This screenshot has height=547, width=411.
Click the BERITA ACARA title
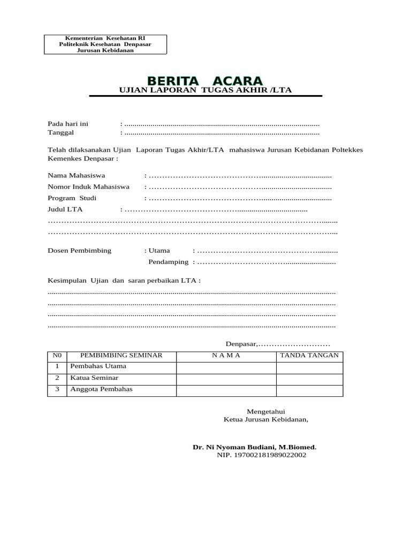click(x=205, y=81)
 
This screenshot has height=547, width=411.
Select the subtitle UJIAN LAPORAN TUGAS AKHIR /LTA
click(x=205, y=90)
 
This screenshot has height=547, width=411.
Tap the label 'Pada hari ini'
click(x=68, y=124)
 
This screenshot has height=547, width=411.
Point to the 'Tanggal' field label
click(x=60, y=132)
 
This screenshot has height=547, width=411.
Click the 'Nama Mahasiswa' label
click(x=77, y=175)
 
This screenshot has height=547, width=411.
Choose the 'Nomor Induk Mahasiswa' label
click(x=89, y=187)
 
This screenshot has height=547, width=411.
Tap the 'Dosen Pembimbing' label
click(x=80, y=251)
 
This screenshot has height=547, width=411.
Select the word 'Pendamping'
click(x=168, y=262)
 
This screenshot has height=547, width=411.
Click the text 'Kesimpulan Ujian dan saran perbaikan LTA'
click(x=124, y=281)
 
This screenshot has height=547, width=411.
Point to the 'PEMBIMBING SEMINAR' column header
click(x=121, y=355)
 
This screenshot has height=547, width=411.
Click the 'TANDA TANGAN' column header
click(x=309, y=355)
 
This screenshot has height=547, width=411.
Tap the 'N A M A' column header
click(x=226, y=355)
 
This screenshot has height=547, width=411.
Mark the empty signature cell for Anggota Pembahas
click(x=309, y=390)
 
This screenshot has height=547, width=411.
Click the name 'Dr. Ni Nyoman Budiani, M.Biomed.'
click(x=255, y=447)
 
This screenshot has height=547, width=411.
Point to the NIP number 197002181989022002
click(x=262, y=455)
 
